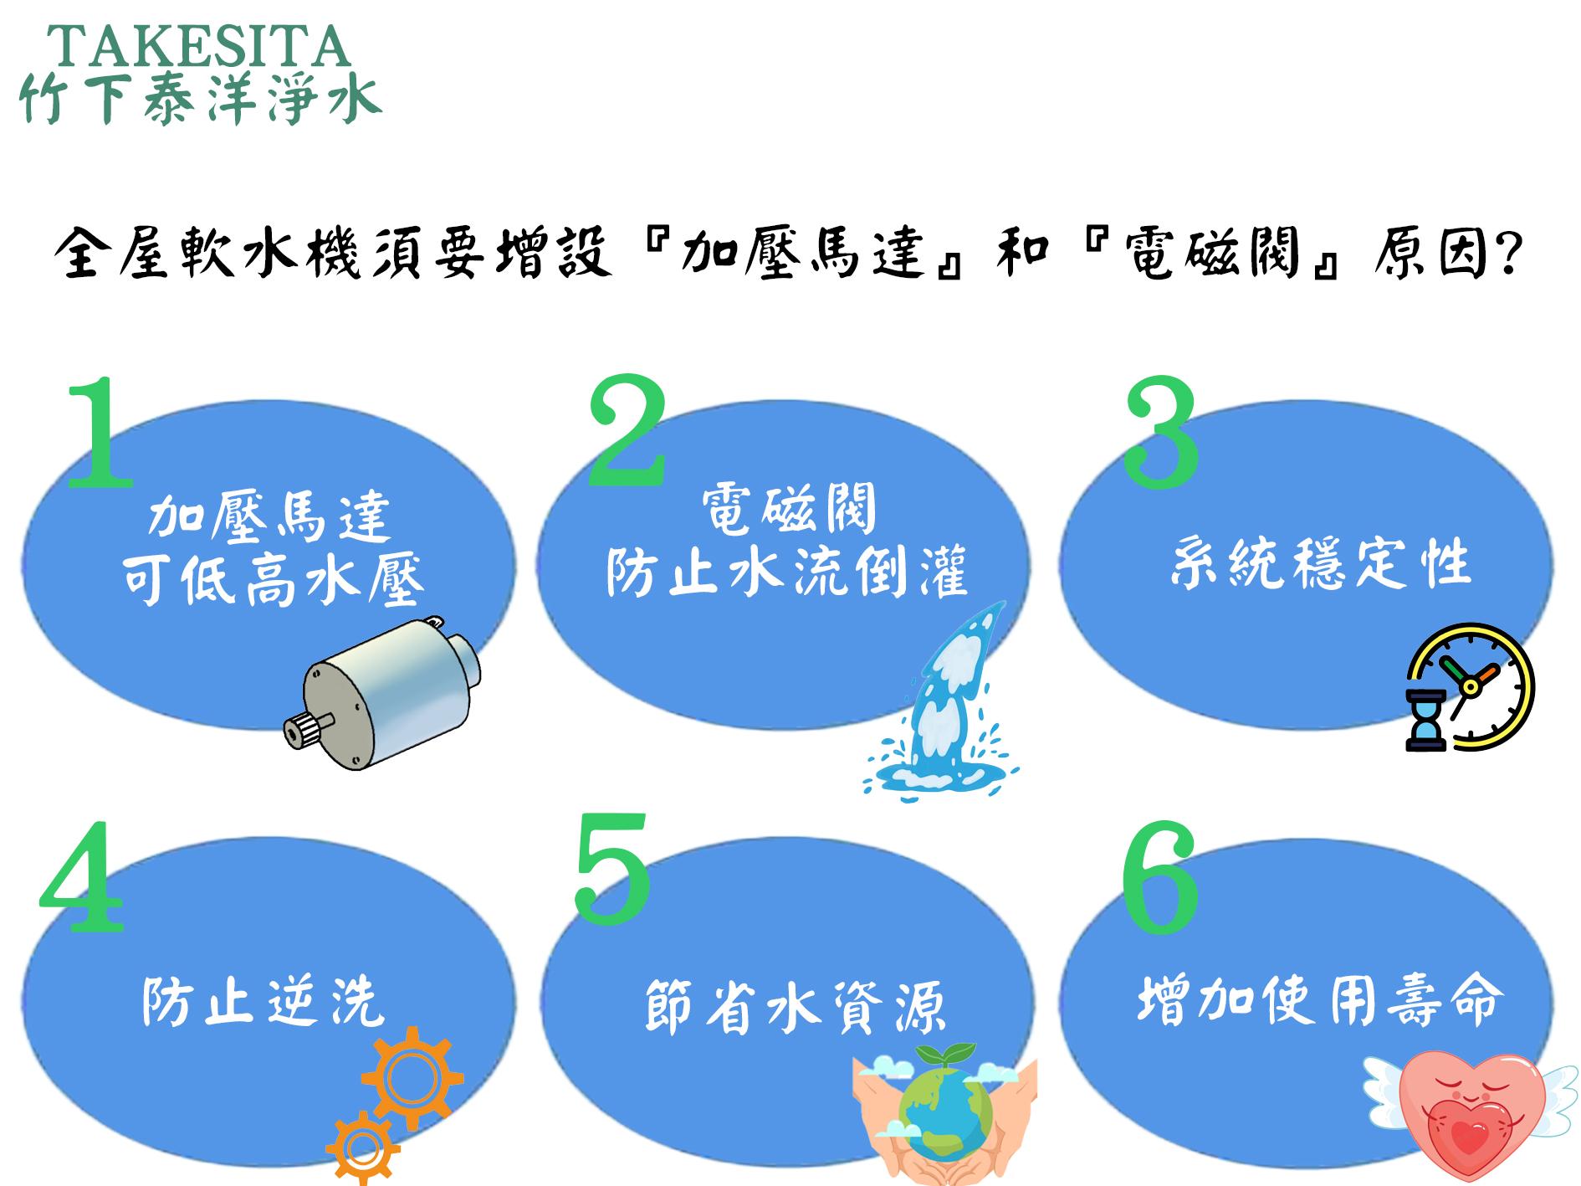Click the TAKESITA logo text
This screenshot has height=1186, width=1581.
(199, 46)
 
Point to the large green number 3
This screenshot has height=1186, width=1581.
(1162, 433)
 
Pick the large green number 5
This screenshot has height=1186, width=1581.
(612, 866)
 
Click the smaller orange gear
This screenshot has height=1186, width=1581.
(362, 1147)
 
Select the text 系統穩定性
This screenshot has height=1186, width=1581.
(1319, 563)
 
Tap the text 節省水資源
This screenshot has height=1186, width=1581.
(796, 1007)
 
